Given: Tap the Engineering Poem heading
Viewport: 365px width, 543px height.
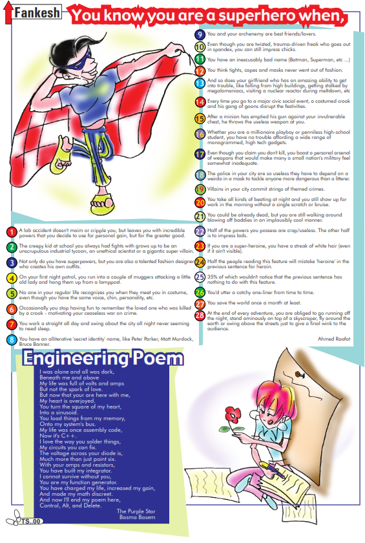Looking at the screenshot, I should coord(103,359).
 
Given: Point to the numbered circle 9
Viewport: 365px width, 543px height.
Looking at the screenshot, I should coord(200,34).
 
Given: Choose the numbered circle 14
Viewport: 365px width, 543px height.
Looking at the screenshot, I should coord(200,101).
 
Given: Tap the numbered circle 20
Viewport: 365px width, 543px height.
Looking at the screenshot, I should coord(200,202).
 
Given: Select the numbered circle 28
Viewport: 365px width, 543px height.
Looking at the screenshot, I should coord(200,314).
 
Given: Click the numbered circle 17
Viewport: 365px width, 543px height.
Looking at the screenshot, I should coord(200,154).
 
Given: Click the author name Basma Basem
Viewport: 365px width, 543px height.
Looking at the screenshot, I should coord(138,516).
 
